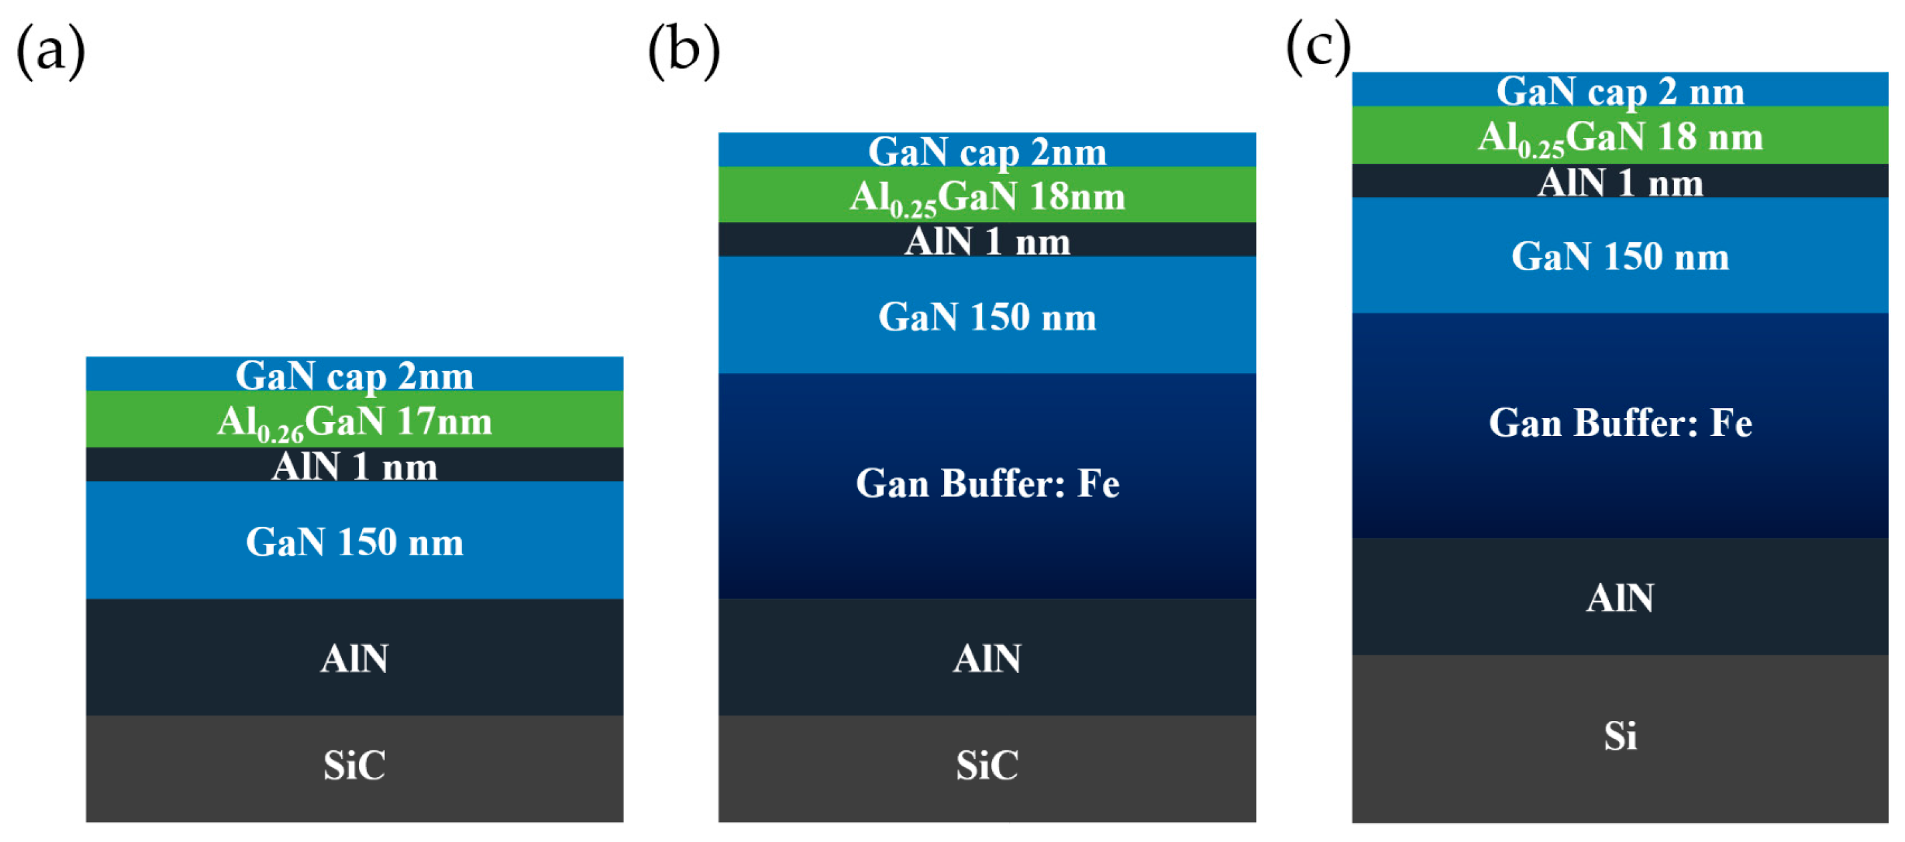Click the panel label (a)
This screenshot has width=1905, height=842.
50,51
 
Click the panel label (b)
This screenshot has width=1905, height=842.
684,51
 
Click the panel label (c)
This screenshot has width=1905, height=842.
1318,47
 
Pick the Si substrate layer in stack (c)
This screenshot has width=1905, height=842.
1620,737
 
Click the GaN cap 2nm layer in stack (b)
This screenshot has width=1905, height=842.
986,151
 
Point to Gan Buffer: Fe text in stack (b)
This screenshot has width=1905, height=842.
986,484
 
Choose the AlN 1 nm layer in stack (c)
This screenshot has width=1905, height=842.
1620,182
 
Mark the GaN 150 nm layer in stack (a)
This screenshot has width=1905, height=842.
354,542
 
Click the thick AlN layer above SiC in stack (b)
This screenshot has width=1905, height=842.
986,658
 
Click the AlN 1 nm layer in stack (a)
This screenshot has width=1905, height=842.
354,466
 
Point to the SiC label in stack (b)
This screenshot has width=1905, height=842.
986,766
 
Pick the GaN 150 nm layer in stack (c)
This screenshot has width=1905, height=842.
1620,257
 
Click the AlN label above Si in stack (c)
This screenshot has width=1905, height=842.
1620,598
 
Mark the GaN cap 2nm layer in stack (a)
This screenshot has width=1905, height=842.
354,375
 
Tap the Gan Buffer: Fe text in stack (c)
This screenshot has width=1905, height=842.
1620,423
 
